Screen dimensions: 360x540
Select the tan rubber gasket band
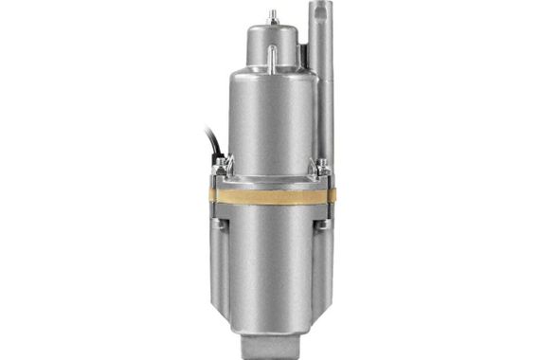pos(272,197)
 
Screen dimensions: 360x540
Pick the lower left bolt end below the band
pos(220,224)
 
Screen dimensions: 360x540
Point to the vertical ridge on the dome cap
pos(270,57)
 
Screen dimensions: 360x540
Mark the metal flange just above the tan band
pos(272,182)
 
